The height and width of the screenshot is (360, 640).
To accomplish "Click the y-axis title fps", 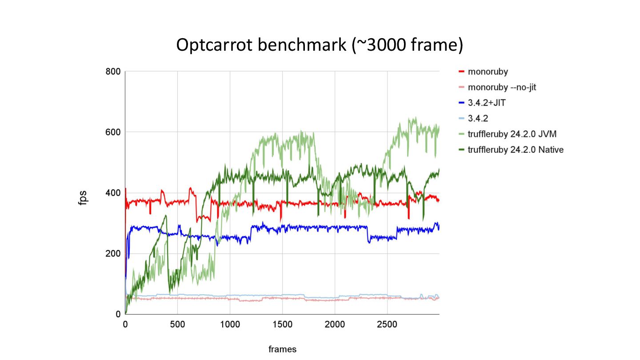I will [83, 197].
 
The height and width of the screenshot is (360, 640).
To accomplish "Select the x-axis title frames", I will [282, 349].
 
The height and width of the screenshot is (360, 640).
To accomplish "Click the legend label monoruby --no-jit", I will [502, 87].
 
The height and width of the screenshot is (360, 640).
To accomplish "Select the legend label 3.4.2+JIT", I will [487, 103].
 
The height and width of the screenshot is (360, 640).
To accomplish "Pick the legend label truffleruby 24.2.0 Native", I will [516, 150].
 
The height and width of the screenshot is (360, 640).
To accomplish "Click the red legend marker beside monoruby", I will [461, 72].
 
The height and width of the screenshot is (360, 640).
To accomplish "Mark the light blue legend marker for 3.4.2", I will [461, 118].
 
